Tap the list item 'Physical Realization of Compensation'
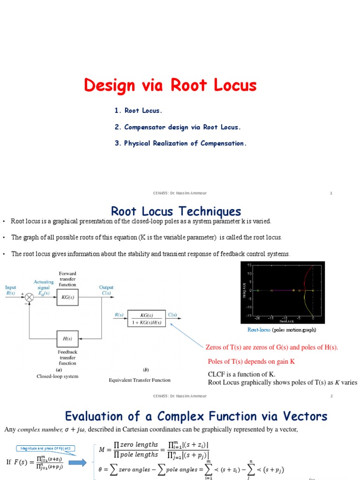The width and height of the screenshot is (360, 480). (180, 143)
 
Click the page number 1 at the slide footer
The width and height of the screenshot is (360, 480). (331, 193)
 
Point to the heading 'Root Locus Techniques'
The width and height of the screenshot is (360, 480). (176, 211)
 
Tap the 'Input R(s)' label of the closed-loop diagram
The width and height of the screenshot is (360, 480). (10, 290)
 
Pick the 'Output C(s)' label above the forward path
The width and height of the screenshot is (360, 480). (106, 290)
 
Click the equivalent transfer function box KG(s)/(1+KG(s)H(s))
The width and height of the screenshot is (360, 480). (147, 318)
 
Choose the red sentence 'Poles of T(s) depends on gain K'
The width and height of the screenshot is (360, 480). (252, 361)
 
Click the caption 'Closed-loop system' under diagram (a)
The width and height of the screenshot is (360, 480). (58, 376)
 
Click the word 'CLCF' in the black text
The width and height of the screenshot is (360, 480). (216, 374)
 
